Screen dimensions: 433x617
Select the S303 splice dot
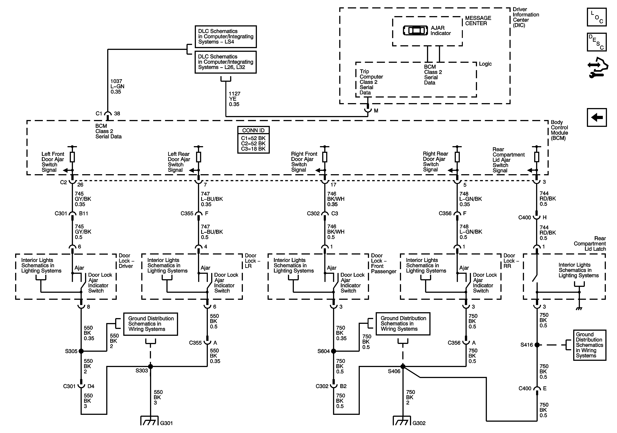[x=151, y=366]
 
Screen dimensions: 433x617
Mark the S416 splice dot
[x=537, y=345]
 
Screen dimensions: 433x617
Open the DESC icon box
[x=597, y=42]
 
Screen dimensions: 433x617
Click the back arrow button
[x=597, y=117]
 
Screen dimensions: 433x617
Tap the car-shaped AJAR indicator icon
[x=415, y=30]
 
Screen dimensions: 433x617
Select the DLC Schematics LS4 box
[x=226, y=37]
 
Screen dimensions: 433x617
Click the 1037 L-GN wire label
[x=117, y=86]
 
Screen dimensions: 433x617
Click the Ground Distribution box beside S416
[x=590, y=345]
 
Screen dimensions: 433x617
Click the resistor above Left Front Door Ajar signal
[x=72, y=157]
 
